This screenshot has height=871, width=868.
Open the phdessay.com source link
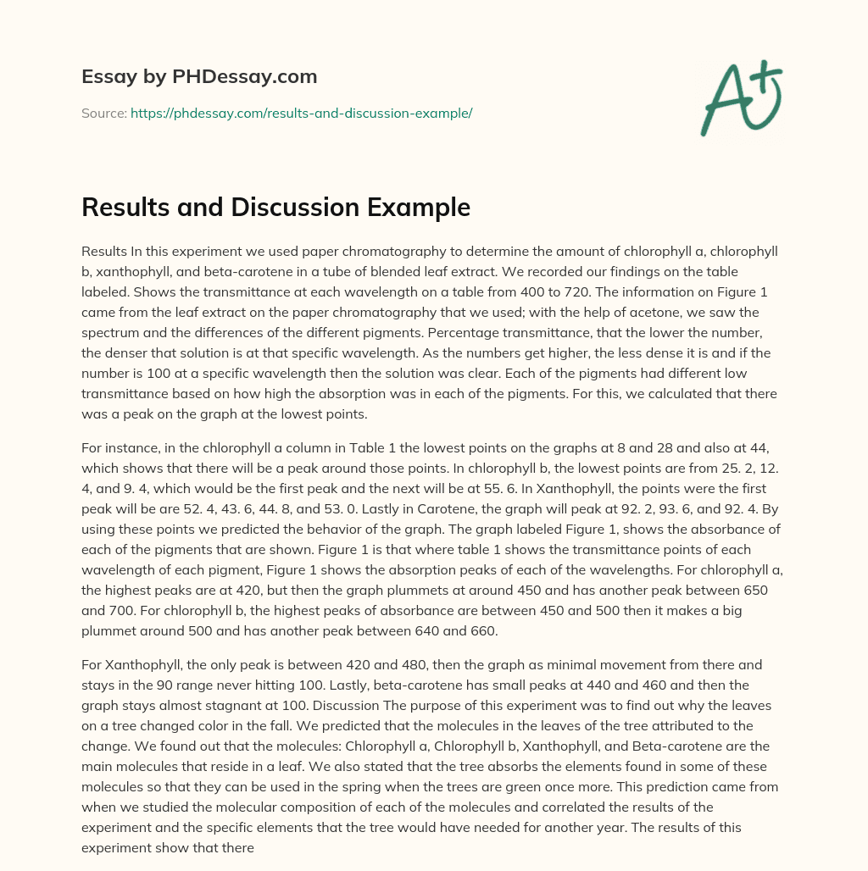tap(301, 113)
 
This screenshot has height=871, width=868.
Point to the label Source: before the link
tap(103, 113)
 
